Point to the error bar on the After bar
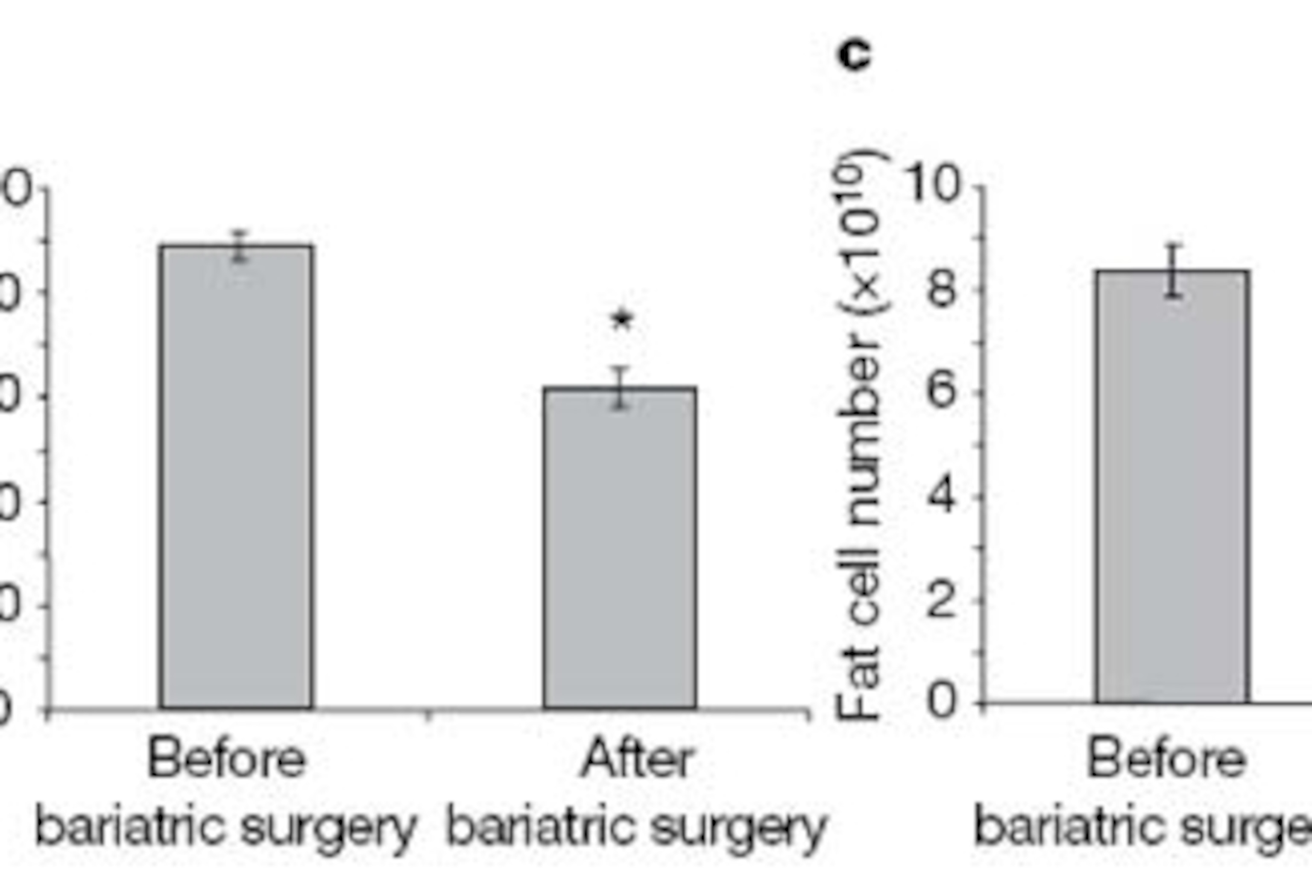click(620, 388)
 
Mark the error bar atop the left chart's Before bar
click(239, 246)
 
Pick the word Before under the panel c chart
click(1166, 759)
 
